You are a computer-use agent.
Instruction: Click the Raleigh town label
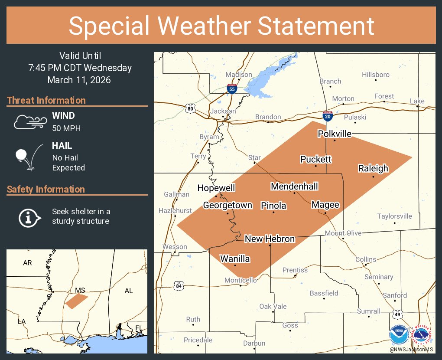(373, 168)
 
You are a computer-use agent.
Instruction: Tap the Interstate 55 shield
(232, 89)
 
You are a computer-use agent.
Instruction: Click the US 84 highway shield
(179, 286)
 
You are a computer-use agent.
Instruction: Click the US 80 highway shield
(191, 108)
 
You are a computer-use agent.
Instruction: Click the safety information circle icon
(29, 217)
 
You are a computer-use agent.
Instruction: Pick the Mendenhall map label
(294, 187)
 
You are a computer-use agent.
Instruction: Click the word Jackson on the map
(223, 111)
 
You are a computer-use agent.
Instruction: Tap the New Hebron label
(270, 239)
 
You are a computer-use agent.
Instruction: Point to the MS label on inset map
(80, 290)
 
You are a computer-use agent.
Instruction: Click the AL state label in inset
(129, 291)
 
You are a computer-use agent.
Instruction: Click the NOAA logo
(398, 335)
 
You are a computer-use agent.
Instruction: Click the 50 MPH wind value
(66, 128)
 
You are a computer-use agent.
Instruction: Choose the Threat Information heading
(46, 100)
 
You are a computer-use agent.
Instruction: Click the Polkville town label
(335, 134)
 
